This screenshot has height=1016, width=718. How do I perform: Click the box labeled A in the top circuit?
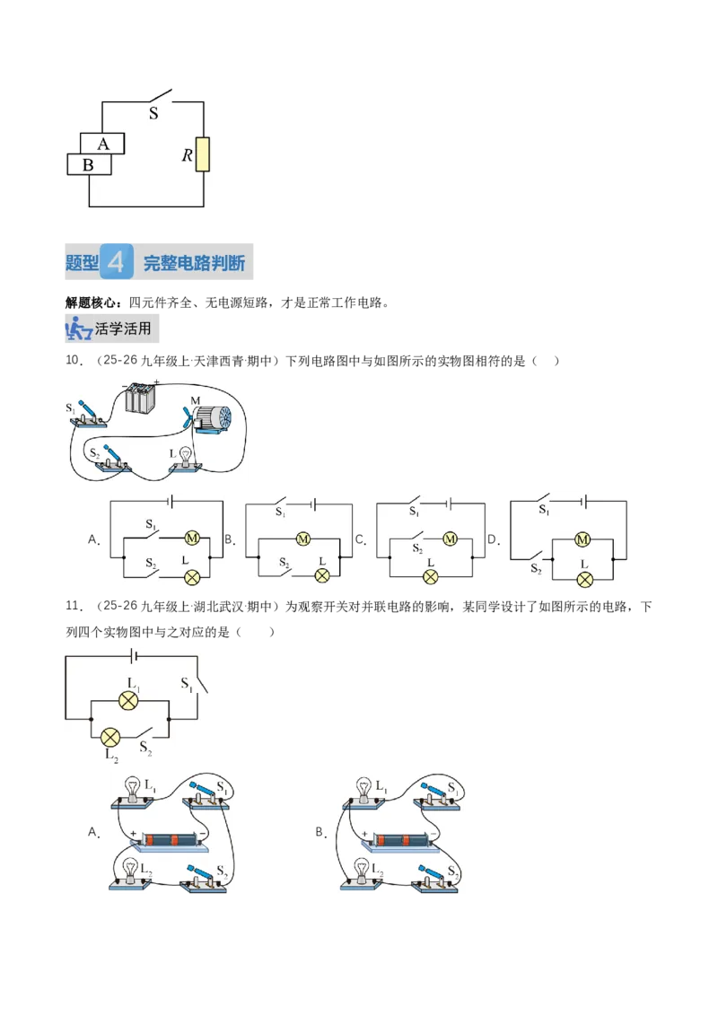pos(102,144)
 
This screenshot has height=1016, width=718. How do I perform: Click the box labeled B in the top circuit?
pos(90,164)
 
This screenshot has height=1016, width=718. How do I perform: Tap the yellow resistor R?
pos(203,155)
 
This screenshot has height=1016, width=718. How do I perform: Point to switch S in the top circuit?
pos(160,97)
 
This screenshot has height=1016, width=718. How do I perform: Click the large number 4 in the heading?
pos(117,262)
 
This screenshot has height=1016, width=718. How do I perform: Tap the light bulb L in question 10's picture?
pos(186,456)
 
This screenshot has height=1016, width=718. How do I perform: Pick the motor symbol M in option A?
pos(192,538)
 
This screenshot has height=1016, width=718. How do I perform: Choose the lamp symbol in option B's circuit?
pos(322,574)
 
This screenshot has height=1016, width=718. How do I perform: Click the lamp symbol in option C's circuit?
pos(430,576)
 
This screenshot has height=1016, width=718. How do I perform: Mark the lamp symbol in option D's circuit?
pos(584,579)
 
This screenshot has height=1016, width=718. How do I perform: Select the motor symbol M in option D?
pos(582,539)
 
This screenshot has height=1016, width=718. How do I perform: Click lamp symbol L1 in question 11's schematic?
pos(128,700)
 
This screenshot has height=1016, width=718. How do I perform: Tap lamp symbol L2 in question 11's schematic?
pos(110,738)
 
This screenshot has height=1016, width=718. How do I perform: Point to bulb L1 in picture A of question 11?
pos(133,790)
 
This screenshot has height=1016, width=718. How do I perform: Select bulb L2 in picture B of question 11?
pos(363,871)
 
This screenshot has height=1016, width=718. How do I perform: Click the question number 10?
pos(74,360)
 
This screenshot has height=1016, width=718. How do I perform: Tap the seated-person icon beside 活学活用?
pos(78,328)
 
